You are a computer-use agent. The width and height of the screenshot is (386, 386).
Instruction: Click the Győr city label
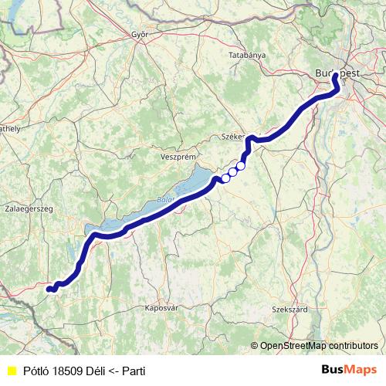140,36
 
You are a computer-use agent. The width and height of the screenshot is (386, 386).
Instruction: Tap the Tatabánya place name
247,56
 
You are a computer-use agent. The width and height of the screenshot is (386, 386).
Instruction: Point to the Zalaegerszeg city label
29,209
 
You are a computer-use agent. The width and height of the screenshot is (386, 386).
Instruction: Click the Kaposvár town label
161,308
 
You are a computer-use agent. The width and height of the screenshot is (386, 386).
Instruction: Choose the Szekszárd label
289,310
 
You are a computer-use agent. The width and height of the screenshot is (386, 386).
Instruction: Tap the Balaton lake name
164,200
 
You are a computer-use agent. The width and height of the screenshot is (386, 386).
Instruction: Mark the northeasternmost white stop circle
241,165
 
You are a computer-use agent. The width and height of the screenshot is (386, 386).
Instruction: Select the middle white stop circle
232,172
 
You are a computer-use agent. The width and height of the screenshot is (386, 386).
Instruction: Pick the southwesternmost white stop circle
225,178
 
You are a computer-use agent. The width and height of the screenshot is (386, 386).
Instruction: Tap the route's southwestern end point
49,289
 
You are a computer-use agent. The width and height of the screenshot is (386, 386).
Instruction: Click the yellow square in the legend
11,371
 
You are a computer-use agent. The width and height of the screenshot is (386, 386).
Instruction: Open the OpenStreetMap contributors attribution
318,346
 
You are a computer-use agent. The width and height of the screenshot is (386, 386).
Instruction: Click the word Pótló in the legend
36,371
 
